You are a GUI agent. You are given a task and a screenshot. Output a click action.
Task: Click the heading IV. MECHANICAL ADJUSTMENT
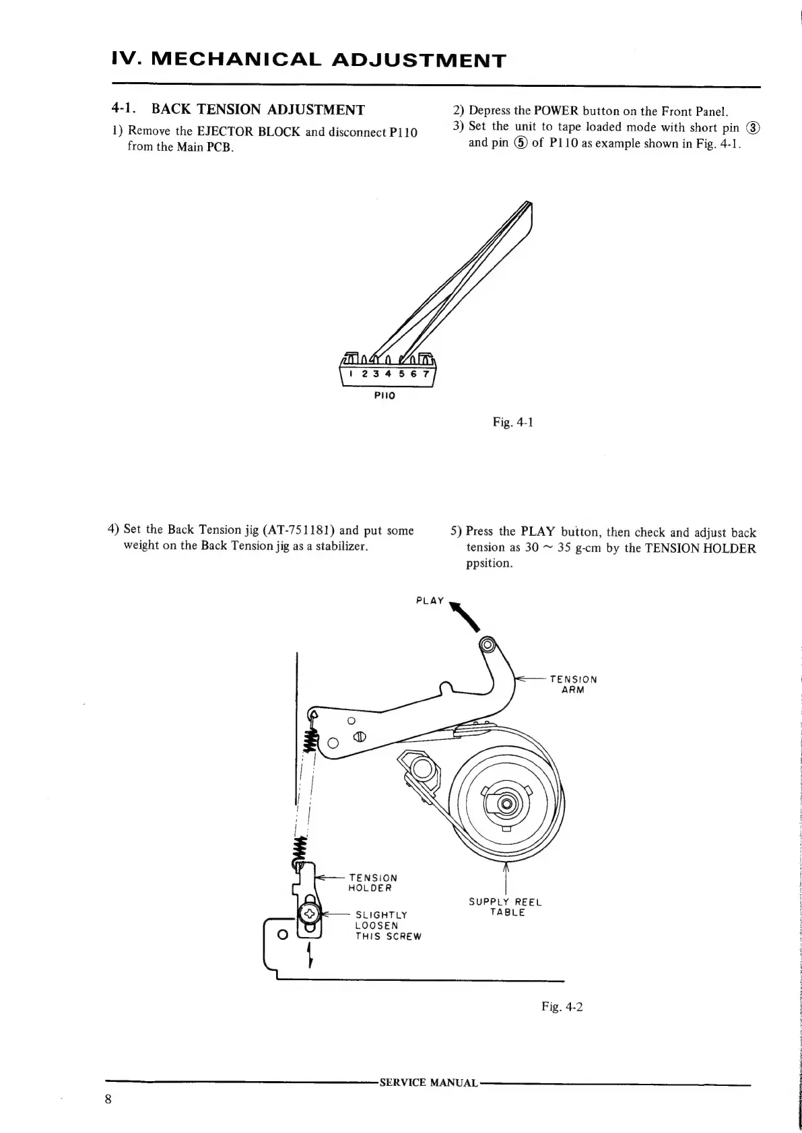click(x=308, y=60)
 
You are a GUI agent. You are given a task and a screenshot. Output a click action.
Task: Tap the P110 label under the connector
click(x=385, y=396)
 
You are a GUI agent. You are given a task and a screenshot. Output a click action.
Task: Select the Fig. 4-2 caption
click(x=562, y=1006)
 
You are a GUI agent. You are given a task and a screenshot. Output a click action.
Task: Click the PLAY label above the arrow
click(x=430, y=600)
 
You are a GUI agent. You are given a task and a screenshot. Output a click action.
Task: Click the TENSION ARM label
click(x=573, y=684)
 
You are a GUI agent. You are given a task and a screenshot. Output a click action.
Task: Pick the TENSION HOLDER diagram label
click(x=372, y=883)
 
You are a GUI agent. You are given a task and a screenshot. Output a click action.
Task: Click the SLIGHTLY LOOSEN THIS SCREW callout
click(x=387, y=926)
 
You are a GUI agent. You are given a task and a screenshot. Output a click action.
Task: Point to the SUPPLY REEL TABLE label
click(x=505, y=907)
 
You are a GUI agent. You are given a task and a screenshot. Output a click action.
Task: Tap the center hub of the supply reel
click(x=507, y=803)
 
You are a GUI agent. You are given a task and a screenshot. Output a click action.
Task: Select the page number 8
click(x=108, y=1099)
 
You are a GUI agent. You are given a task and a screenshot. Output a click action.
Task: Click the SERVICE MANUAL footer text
click(x=428, y=1083)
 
